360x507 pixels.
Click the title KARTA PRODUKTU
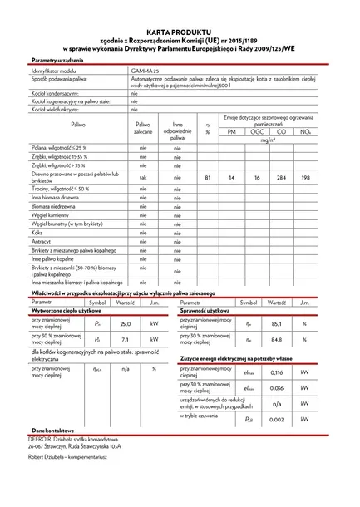pyautogui.click(x=180, y=30)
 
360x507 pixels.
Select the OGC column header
pyautogui.click(x=257, y=132)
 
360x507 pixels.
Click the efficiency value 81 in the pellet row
pyautogui.click(x=207, y=178)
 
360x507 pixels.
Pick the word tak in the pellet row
pyautogui.click(x=143, y=178)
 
